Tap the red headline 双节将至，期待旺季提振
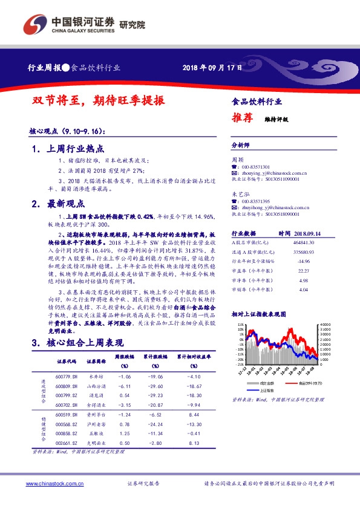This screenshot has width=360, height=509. pyautogui.click(x=98, y=101)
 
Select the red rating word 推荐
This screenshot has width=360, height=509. pyautogui.click(x=242, y=118)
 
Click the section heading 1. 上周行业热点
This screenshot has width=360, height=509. pyautogui.click(x=68, y=148)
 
